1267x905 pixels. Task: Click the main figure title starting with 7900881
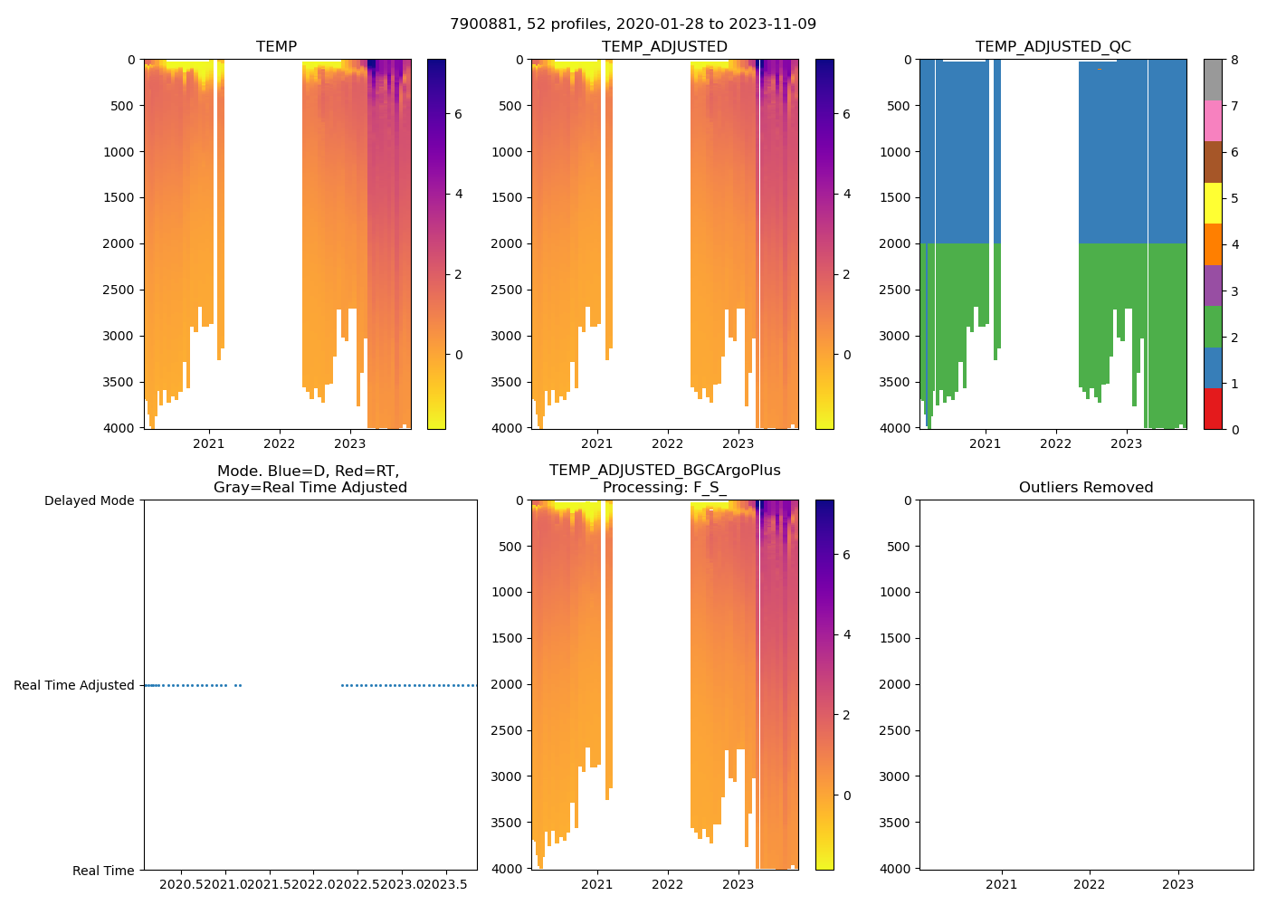[x=633, y=24]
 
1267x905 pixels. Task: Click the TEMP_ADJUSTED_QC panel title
[x=1053, y=47]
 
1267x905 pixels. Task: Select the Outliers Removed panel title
[x=1086, y=488]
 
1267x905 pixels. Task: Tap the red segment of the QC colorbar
[x=1213, y=409]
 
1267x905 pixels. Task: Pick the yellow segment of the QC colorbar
[x=1213, y=204]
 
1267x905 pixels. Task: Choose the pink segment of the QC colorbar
[x=1213, y=121]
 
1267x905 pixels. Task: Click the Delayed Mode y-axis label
[x=89, y=500]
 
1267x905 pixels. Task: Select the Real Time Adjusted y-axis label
[x=74, y=685]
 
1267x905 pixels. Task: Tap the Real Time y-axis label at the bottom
[x=103, y=871]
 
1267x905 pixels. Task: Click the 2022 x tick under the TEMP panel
[x=280, y=443]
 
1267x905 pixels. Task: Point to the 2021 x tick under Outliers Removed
[x=1001, y=884]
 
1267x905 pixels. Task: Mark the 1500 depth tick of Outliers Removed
[x=896, y=638]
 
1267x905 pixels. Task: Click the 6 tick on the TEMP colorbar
[x=459, y=114]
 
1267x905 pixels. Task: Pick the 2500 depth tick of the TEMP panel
[x=119, y=290]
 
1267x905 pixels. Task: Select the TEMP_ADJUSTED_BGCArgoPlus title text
[x=664, y=471]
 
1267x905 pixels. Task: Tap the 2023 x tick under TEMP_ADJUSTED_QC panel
[x=1127, y=443]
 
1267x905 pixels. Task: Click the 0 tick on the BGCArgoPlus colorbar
[x=847, y=795]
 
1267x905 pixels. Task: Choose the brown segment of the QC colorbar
[x=1213, y=162]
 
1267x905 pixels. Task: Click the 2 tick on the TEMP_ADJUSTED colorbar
[x=847, y=274]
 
